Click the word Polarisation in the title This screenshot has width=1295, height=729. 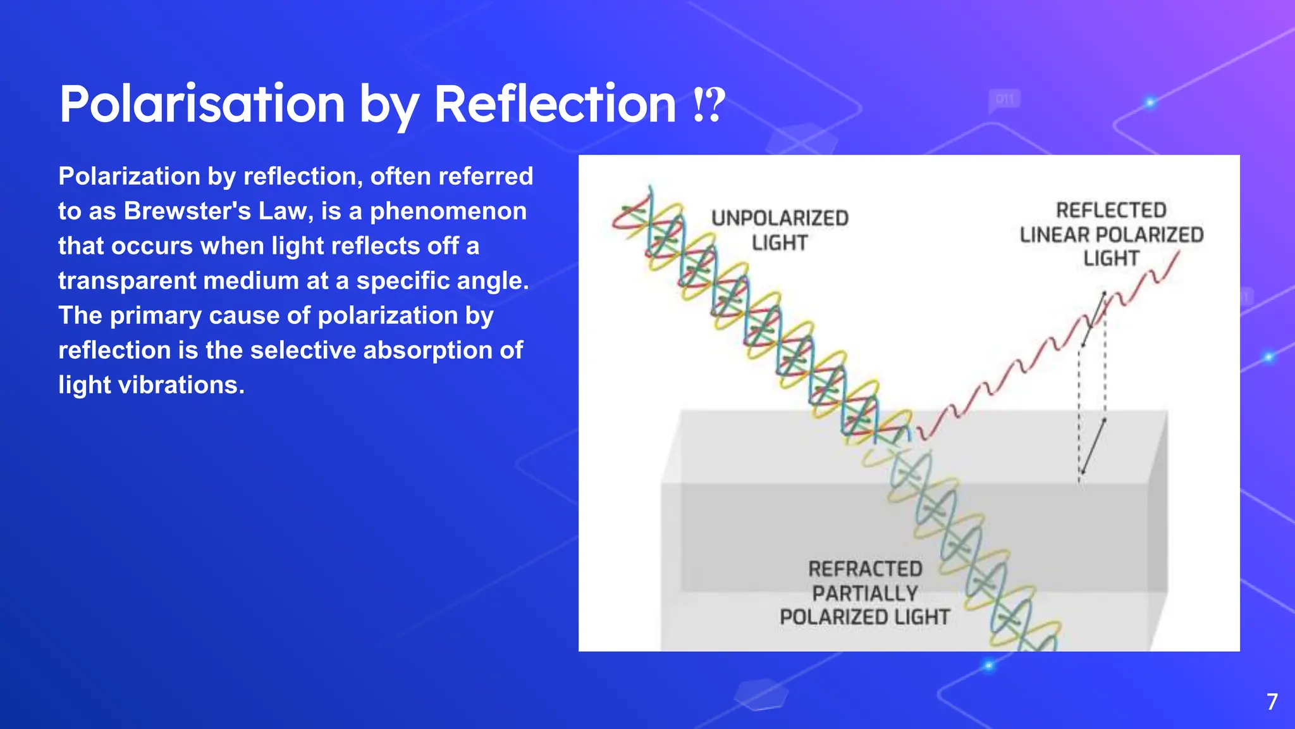click(x=202, y=104)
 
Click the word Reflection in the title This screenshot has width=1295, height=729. click(x=555, y=104)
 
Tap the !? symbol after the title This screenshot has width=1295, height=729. click(x=708, y=106)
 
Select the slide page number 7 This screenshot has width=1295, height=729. click(x=1272, y=702)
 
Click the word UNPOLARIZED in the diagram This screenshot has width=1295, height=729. click(x=780, y=218)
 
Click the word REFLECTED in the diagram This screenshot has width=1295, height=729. click(x=1111, y=210)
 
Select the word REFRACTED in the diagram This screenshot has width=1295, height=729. click(x=865, y=569)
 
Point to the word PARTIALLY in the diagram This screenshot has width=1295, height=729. click(x=865, y=594)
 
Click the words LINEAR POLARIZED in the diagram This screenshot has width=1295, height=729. click(x=1111, y=235)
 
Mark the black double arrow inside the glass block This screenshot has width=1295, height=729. click(x=1093, y=447)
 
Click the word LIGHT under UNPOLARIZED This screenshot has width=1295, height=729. click(x=780, y=243)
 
